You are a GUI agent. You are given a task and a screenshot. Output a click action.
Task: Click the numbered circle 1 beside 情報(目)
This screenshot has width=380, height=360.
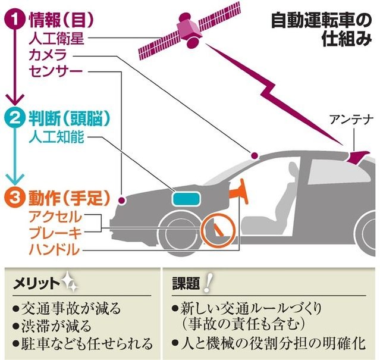[15, 19]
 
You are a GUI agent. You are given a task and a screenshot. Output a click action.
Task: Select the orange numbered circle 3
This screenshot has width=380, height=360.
[15, 194]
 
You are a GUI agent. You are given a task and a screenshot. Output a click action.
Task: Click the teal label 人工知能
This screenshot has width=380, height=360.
[57, 137]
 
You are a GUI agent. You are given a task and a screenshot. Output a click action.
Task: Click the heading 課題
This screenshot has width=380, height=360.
[185, 282]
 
